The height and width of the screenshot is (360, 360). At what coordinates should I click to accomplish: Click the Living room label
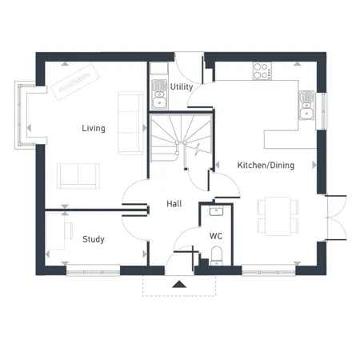click(x=94, y=128)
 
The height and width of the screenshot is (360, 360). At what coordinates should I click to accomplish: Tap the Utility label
click(x=182, y=86)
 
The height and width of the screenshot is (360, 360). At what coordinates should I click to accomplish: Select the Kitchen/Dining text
click(x=266, y=165)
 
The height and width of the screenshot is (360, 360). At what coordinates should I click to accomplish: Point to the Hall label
click(x=174, y=204)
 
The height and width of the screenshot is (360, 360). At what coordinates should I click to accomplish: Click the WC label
click(x=216, y=236)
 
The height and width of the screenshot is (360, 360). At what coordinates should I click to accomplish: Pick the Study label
click(x=94, y=239)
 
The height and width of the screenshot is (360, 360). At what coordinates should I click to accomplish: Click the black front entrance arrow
click(x=179, y=284)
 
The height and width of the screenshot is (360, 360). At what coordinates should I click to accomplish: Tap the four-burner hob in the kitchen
click(x=262, y=71)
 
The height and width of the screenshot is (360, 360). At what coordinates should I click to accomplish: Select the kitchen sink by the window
click(x=306, y=105)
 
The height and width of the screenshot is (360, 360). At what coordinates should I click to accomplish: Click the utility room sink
click(x=159, y=94)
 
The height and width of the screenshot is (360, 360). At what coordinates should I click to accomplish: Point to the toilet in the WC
click(x=217, y=255)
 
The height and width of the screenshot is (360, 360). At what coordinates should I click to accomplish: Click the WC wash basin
click(x=216, y=211)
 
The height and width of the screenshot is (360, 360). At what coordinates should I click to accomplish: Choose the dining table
click(x=278, y=216)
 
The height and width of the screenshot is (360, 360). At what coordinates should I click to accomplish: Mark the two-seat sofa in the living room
click(x=78, y=176)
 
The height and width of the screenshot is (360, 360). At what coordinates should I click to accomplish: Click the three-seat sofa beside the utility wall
click(x=130, y=123)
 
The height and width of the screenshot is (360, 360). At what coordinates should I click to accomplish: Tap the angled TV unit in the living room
click(x=75, y=82)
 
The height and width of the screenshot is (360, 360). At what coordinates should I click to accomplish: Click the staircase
click(x=182, y=138)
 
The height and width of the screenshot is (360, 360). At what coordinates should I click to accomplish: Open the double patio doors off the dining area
click(x=337, y=218)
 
